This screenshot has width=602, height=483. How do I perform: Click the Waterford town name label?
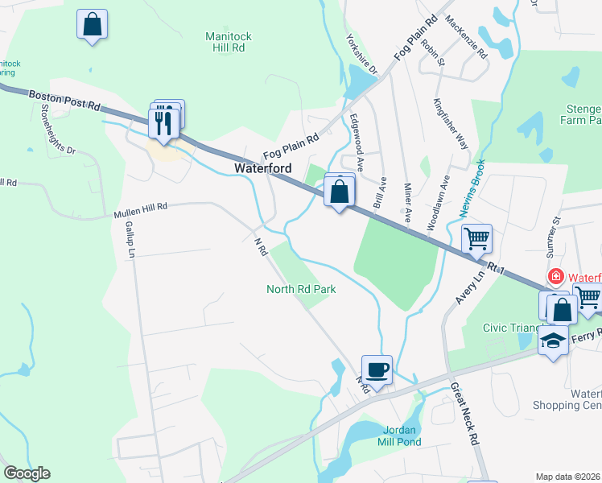[262, 168]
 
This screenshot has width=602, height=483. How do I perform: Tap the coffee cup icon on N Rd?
[377, 370]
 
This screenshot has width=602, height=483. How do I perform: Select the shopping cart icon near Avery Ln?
[476, 238]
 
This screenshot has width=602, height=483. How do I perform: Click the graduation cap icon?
[552, 340]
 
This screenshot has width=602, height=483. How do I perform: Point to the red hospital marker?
[555, 278]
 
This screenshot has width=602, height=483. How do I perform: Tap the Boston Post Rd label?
[64, 99]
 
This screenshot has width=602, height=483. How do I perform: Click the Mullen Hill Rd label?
[140, 211]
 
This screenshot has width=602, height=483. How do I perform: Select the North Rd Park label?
[301, 288]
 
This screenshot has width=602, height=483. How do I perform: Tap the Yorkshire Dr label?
[361, 55]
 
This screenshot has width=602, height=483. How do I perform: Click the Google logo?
[27, 473]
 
